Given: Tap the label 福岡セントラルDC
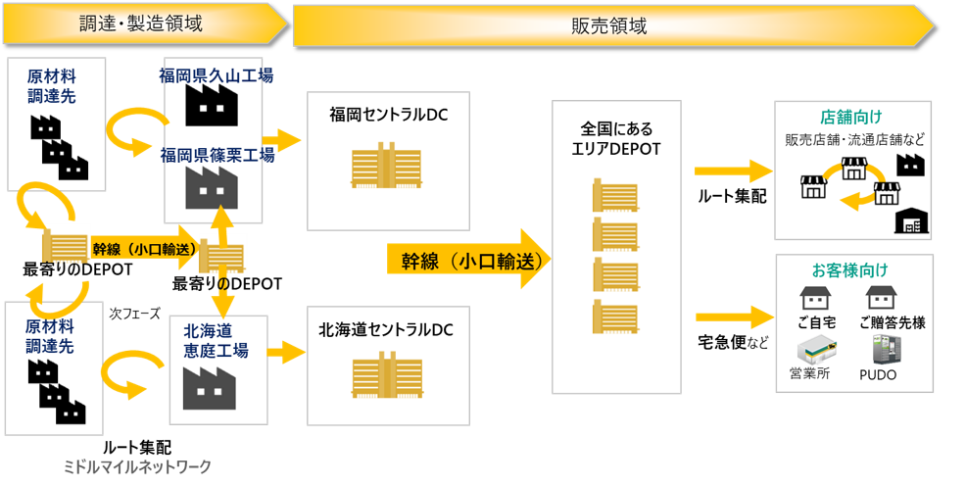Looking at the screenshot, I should [389, 116].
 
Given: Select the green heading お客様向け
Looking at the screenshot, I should [850, 268].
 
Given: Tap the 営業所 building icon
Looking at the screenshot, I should [815, 347].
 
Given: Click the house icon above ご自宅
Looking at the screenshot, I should [815, 298].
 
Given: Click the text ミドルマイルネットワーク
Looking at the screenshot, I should [136, 466].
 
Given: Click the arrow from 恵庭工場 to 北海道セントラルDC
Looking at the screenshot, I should [287, 350].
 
